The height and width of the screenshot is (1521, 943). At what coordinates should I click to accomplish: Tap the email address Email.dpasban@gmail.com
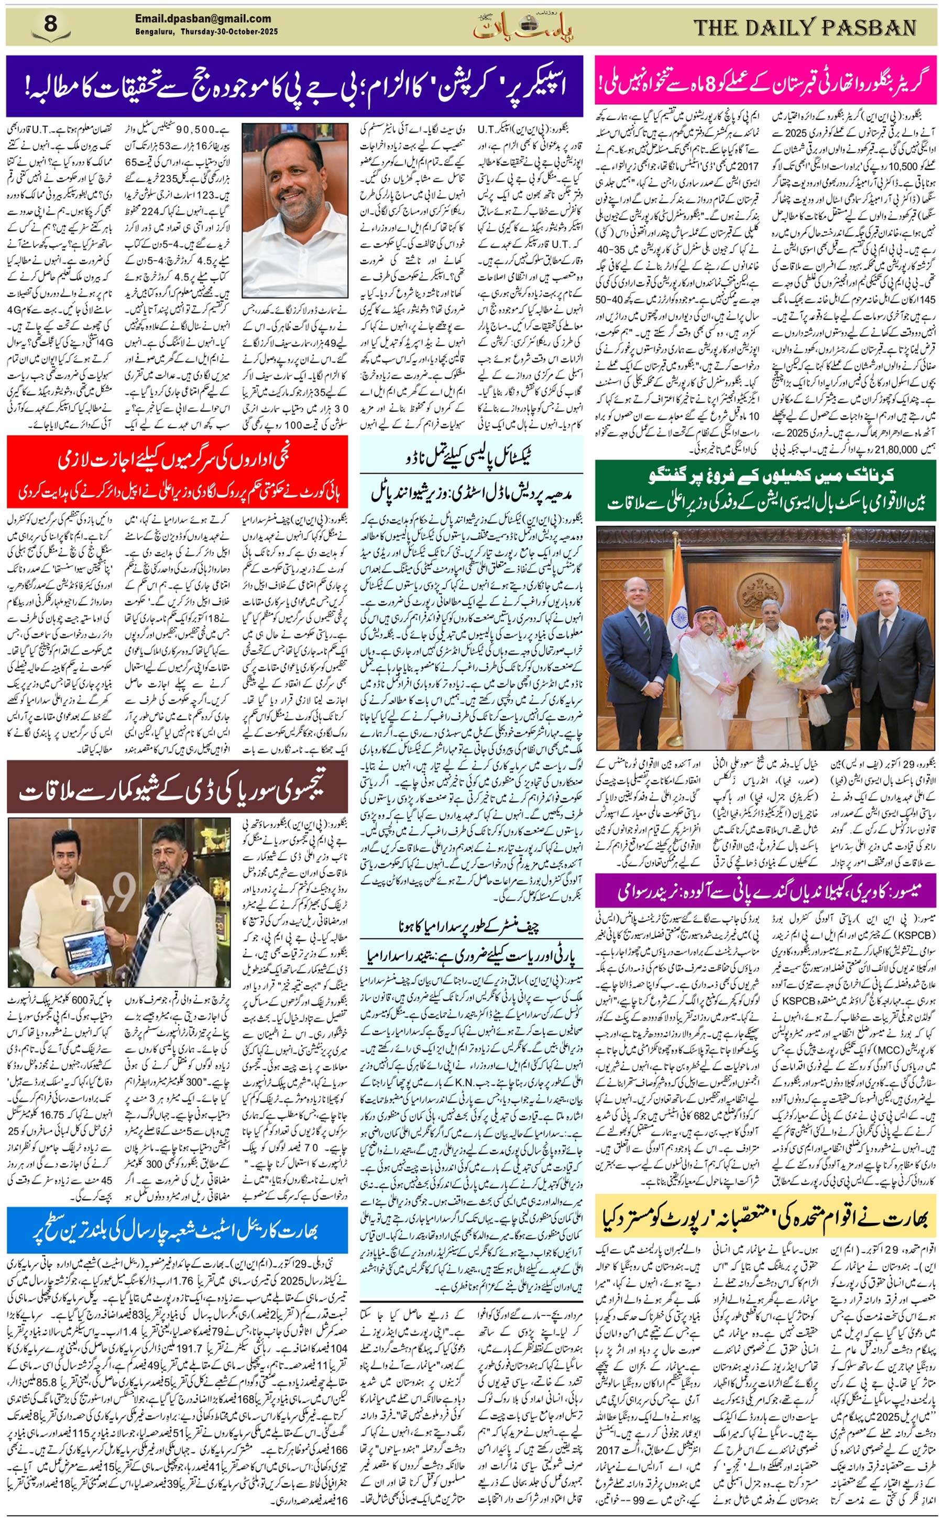[203, 19]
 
